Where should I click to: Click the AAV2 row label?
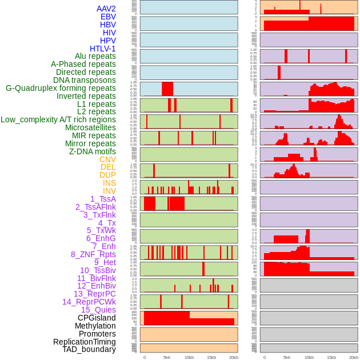click(106, 9)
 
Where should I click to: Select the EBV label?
click(108, 17)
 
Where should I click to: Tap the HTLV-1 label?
click(102, 49)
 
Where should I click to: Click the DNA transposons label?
click(85, 80)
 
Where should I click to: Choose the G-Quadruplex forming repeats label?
click(61, 88)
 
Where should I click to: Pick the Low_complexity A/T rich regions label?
click(58, 119)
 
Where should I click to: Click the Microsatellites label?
click(90, 127)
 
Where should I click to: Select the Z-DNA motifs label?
click(93, 151)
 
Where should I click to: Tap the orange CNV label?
click(107, 159)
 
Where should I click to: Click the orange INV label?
click(109, 191)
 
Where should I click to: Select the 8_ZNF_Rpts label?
click(93, 254)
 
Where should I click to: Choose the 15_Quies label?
click(98, 310)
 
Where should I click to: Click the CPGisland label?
click(97, 318)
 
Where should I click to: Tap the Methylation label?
click(95, 326)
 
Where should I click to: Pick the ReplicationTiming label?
click(84, 342)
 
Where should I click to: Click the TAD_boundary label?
click(89, 349)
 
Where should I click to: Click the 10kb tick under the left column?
click(189, 357)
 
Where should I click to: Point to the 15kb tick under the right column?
click(331, 357)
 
